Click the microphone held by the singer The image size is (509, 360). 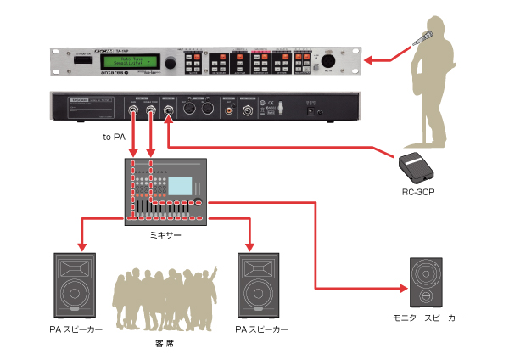[426, 37]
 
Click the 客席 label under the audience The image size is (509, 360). [166, 343]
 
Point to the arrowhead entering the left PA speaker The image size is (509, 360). [80, 247]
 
